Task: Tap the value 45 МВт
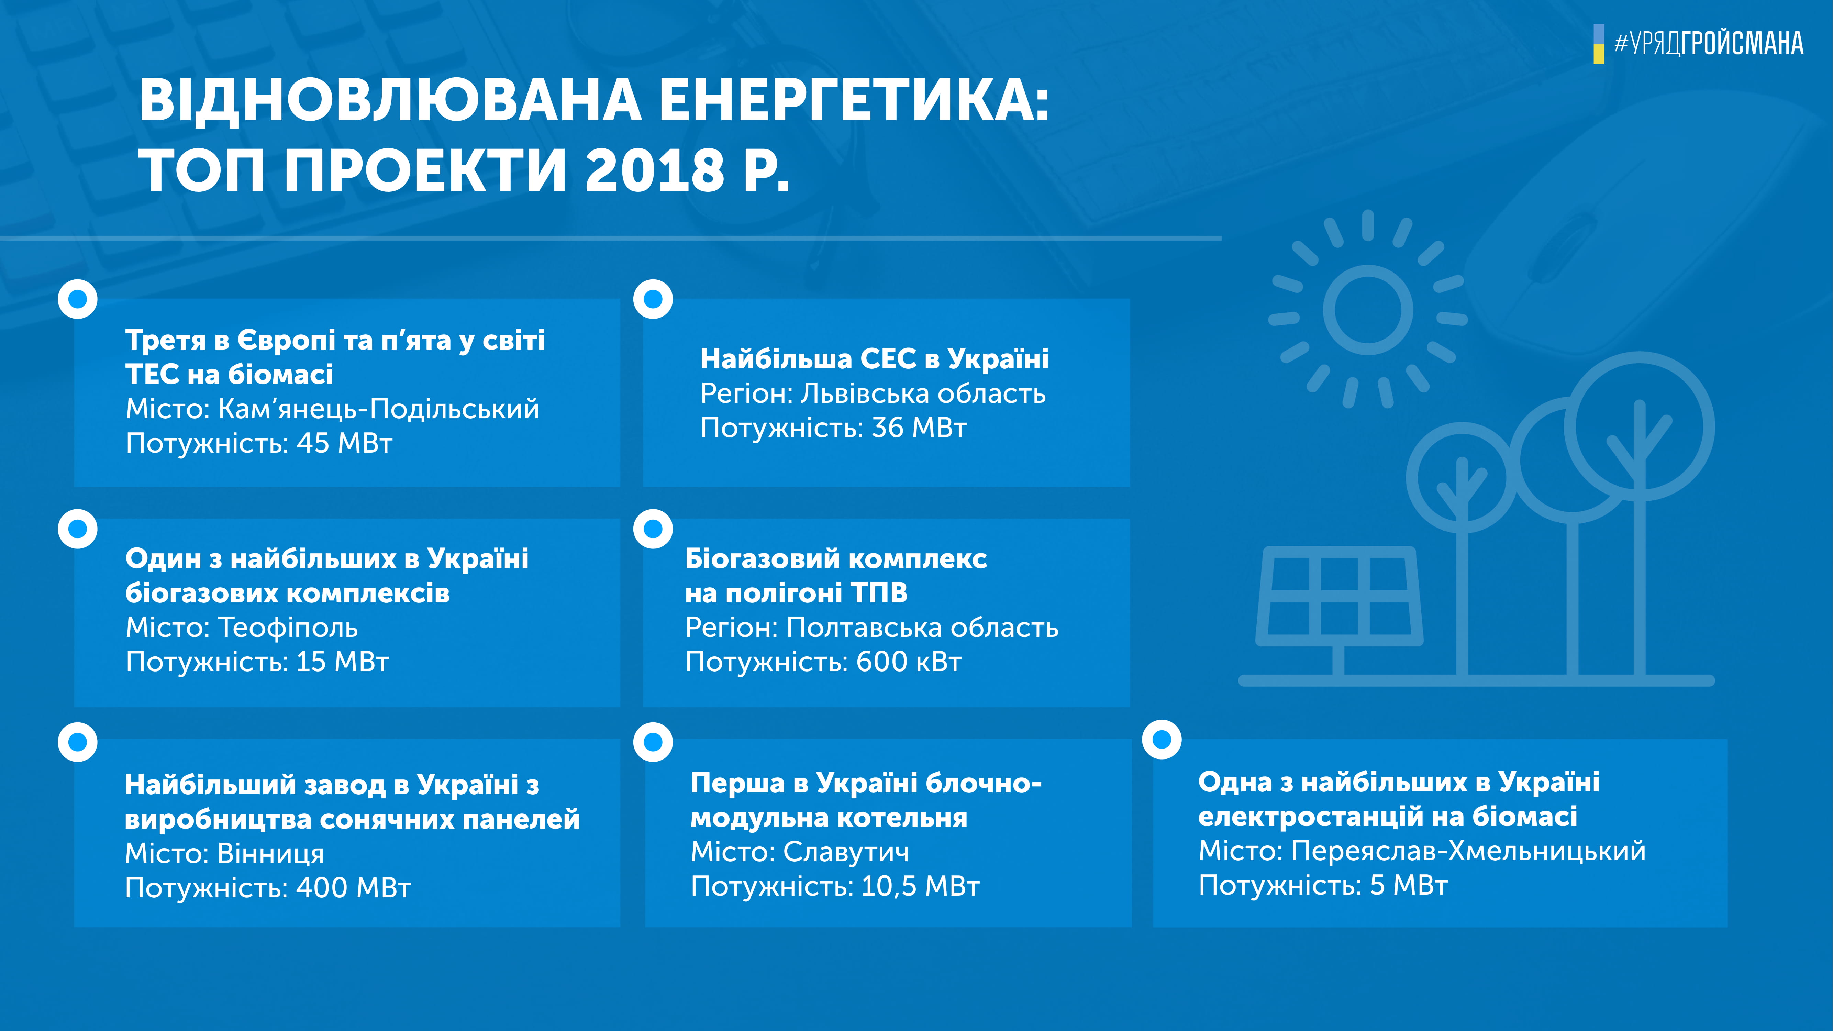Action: pos(344,443)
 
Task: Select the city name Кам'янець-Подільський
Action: pos(379,409)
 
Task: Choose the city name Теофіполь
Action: pos(288,628)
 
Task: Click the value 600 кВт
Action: pos(909,662)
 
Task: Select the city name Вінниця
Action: pos(270,853)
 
